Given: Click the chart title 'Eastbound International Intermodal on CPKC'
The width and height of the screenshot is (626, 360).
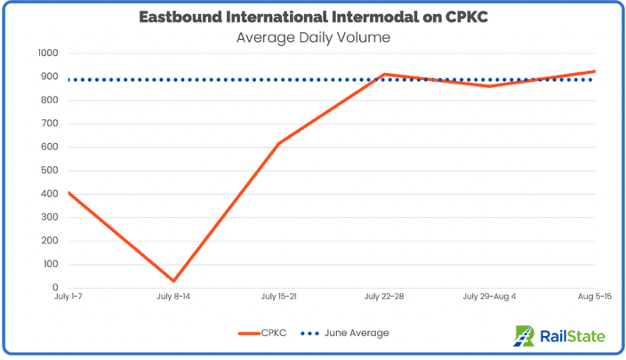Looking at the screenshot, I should tap(312, 17).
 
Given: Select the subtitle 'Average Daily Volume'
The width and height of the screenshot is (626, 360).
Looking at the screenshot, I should tap(312, 37).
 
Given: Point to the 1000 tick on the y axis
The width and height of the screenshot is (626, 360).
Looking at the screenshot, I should tap(46, 53).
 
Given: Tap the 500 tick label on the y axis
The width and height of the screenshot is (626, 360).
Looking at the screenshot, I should tap(48, 171).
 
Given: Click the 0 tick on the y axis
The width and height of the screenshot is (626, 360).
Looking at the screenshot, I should tap(54, 288).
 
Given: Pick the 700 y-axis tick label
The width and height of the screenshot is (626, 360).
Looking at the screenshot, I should tap(48, 124).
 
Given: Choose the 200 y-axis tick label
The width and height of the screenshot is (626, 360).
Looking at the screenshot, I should tap(48, 241).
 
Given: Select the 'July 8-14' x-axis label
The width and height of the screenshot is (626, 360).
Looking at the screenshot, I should tap(174, 297).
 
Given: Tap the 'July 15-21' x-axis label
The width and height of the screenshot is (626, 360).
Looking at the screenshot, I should tap(279, 297).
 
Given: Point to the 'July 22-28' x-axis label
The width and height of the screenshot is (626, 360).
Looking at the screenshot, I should tap(384, 297).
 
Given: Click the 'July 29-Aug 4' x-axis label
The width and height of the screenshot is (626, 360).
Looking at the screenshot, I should tap(489, 297).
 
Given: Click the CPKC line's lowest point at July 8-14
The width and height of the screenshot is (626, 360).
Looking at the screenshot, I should tap(174, 281).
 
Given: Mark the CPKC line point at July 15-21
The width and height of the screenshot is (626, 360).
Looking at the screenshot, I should tap(279, 143).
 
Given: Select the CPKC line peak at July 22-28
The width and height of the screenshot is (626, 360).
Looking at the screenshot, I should tap(384, 74).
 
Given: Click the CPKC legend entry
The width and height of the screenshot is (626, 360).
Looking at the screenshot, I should tap(261, 333).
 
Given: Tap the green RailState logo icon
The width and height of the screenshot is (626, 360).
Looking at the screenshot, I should tap(525, 335).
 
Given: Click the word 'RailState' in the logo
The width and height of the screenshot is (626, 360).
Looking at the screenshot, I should tap(574, 336).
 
